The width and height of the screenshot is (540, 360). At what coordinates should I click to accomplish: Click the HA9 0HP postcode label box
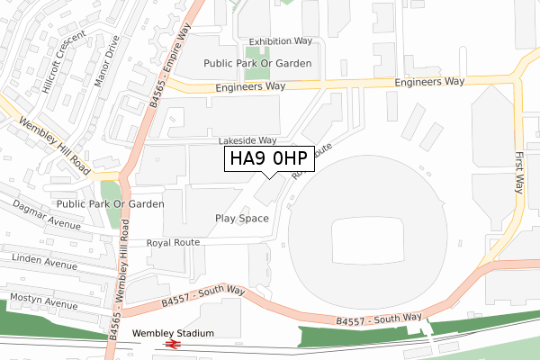[x=269, y=159]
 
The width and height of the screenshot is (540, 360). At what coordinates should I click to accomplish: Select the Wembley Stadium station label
[x=174, y=333]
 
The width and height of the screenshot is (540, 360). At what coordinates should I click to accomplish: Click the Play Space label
[x=242, y=219]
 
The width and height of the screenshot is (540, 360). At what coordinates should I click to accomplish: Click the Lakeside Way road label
[x=247, y=141]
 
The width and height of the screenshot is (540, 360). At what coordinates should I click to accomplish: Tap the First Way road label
[x=519, y=172]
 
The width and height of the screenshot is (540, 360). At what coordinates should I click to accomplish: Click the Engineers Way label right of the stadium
[x=429, y=81]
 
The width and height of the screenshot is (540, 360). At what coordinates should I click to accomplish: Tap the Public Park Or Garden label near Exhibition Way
[x=257, y=63]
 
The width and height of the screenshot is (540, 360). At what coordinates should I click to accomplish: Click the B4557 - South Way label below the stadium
[x=379, y=318]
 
